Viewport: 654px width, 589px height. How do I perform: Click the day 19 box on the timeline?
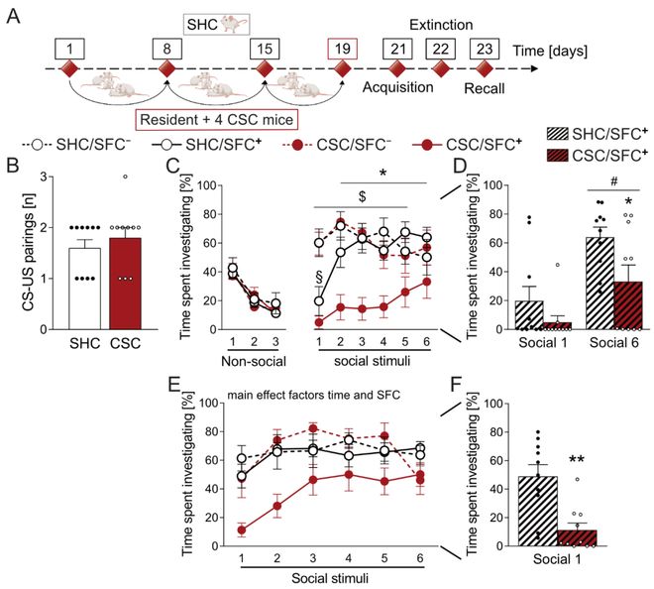tap(342, 46)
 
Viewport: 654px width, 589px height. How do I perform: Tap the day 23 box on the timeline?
tap(484, 46)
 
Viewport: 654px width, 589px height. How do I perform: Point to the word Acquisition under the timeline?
tap(398, 88)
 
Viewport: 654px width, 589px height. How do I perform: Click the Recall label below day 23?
tap(484, 88)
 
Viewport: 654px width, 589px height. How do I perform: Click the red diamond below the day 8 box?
tap(166, 70)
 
